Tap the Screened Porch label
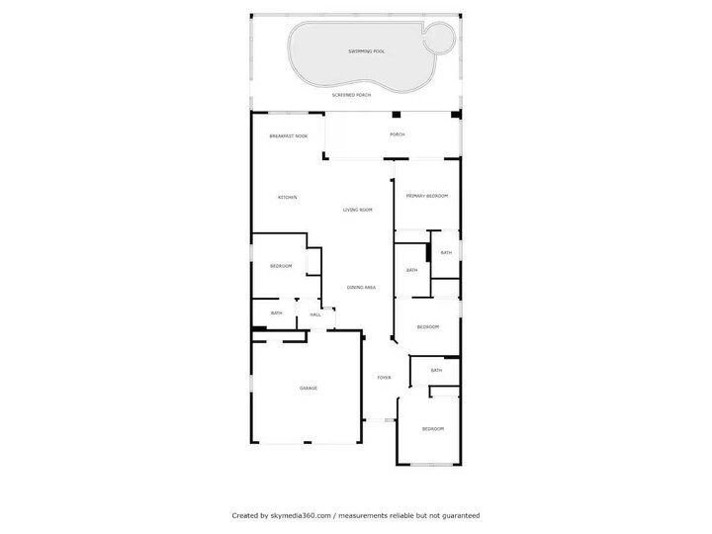click(351, 95)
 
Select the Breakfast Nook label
click(288, 135)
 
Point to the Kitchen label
click(288, 198)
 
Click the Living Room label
click(357, 210)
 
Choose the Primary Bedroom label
click(427, 197)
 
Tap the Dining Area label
click(361, 288)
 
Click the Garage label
click(309, 389)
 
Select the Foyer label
click(384, 377)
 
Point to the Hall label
click(315, 314)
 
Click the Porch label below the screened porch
click(397, 135)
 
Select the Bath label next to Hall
click(277, 313)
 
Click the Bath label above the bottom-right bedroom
click(436, 371)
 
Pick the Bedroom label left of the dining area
click(281, 266)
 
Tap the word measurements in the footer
click(362, 515)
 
